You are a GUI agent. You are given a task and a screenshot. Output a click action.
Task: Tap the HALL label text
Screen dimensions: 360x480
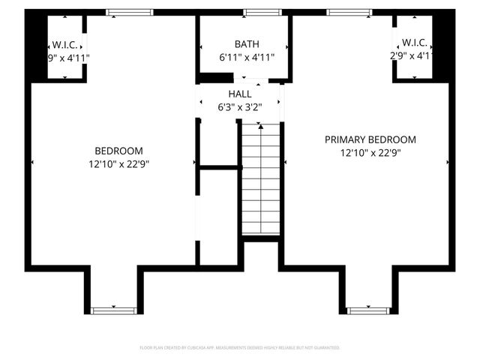pyautogui.click(x=240, y=94)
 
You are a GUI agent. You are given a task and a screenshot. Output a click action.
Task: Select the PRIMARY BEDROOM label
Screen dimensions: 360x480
pyautogui.click(x=370, y=139)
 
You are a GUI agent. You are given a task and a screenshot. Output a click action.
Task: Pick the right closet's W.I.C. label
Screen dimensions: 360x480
pyautogui.click(x=414, y=42)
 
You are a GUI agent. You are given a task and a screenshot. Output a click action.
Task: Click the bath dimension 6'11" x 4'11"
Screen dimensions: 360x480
pyautogui.click(x=247, y=57)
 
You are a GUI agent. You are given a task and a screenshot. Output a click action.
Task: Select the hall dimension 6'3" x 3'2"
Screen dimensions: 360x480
pyautogui.click(x=240, y=106)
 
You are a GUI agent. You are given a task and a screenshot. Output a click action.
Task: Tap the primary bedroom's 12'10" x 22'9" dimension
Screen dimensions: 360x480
pyautogui.click(x=370, y=152)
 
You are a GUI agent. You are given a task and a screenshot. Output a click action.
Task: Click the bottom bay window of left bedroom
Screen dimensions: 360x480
pyautogui.click(x=113, y=310)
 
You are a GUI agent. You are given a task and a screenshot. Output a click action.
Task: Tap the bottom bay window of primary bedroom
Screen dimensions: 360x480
pyautogui.click(x=368, y=310)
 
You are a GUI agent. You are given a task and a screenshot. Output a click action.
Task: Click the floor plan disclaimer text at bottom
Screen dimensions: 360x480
pyautogui.click(x=240, y=348)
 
